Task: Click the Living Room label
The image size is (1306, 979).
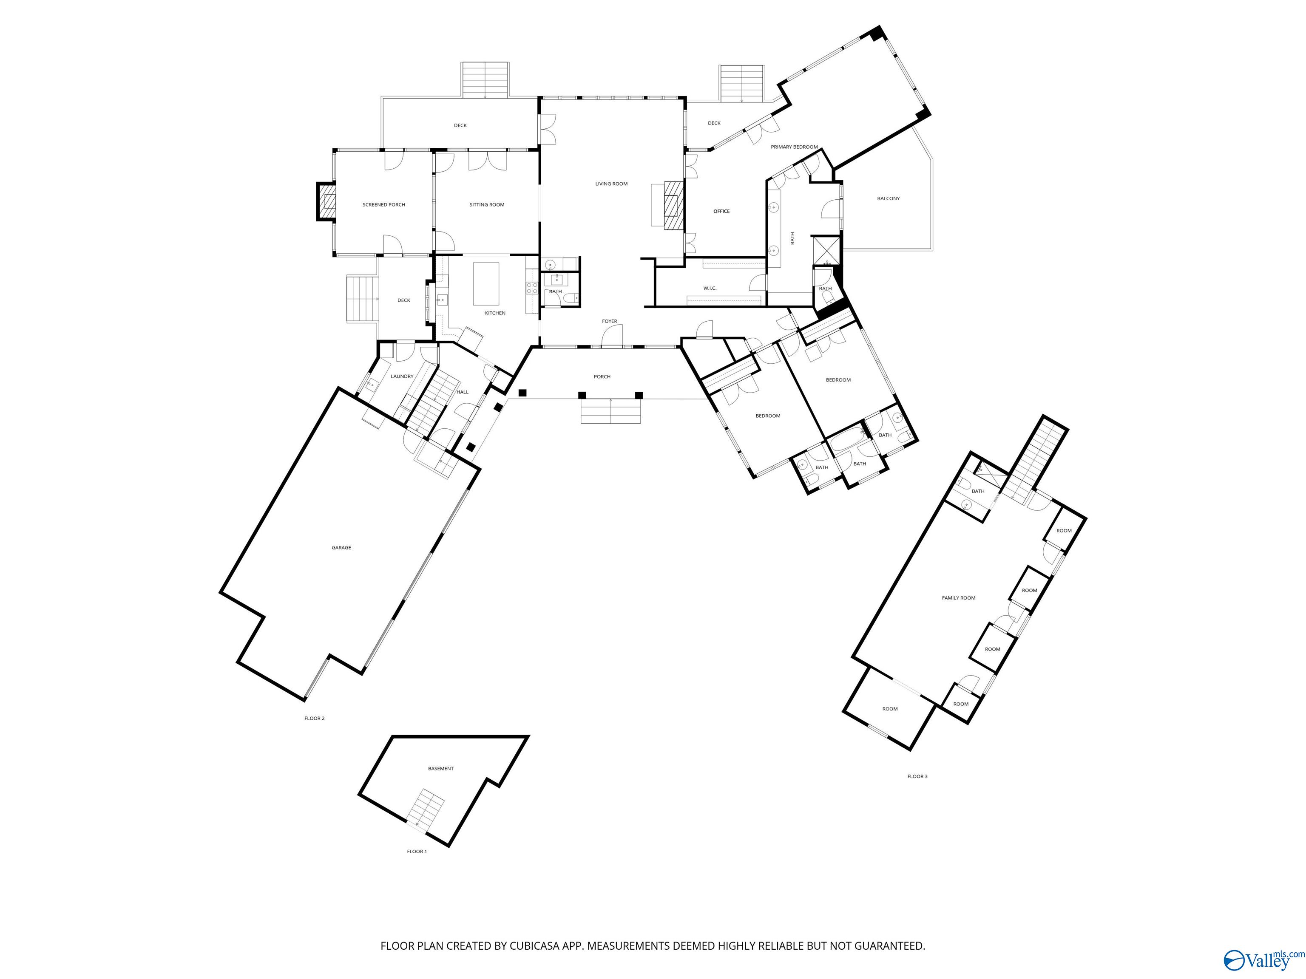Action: point(611,184)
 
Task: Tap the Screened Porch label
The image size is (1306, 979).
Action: point(384,205)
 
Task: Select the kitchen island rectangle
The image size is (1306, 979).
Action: point(486,284)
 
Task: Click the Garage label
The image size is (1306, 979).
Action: point(341,548)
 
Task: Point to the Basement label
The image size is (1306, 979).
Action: point(440,768)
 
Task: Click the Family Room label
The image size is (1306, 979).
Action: point(958,598)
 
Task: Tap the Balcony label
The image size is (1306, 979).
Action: point(888,198)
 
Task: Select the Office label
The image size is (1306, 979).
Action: point(721,211)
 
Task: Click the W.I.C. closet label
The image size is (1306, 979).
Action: point(710,288)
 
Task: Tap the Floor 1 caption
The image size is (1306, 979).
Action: point(416,852)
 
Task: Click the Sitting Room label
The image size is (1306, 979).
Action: point(486,205)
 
